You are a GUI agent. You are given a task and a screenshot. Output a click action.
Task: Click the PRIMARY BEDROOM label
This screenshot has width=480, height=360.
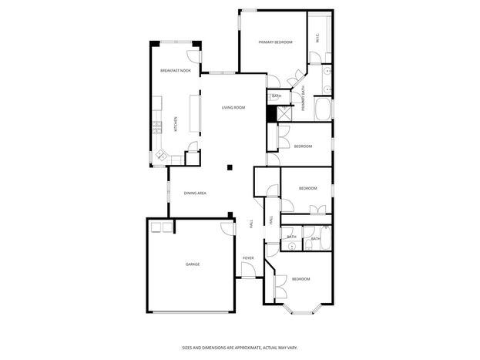(276, 42)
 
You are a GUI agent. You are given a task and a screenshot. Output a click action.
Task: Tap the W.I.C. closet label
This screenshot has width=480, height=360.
(317, 38)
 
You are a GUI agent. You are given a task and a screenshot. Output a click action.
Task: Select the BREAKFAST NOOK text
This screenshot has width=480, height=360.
(176, 71)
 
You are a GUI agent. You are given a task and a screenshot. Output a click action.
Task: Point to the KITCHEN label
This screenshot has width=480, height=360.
(176, 124)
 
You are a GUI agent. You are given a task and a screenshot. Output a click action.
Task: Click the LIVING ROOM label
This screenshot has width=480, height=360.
(233, 108)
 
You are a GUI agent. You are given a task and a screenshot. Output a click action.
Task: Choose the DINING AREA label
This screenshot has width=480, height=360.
(195, 193)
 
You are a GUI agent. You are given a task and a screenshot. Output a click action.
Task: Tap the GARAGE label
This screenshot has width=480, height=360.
(193, 264)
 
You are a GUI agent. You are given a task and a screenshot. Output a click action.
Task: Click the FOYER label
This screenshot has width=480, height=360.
(248, 258)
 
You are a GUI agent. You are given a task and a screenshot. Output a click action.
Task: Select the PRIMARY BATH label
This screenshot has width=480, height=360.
(304, 98)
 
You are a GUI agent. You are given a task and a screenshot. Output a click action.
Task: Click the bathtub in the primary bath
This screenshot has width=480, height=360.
(324, 109)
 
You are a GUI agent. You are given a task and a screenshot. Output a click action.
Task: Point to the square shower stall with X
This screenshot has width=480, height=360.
(284, 113)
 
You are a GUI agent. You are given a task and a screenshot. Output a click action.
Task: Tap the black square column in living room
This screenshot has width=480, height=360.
(230, 167)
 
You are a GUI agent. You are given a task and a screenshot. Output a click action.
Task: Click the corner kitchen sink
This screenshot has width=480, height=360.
(161, 155)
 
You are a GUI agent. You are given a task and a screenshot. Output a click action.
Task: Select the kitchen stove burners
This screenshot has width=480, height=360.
(157, 127)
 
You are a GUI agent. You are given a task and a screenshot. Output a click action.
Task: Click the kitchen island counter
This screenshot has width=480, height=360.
(195, 113)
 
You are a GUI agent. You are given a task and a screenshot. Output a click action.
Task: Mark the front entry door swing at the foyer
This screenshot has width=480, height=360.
(248, 270)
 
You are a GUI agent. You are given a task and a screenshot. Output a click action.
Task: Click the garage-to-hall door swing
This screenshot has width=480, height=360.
(228, 229)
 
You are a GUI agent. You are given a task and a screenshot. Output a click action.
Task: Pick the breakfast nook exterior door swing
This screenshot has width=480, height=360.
(193, 56)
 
